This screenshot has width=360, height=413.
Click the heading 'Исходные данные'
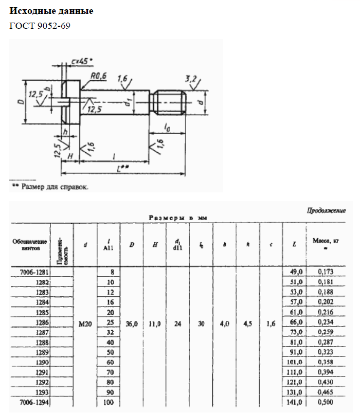[x=51, y=11]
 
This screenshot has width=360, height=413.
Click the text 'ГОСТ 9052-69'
[x=40, y=26]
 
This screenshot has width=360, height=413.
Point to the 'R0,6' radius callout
[x=98, y=76]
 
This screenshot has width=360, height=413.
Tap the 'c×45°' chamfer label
[x=82, y=61]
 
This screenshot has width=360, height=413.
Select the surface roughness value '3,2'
[x=191, y=78]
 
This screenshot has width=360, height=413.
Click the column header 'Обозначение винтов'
[x=30, y=244]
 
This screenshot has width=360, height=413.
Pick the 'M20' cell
[x=85, y=324]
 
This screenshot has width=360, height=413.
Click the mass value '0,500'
[x=325, y=402]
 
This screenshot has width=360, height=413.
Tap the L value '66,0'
[x=294, y=323]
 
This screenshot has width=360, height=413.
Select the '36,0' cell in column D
[x=132, y=324]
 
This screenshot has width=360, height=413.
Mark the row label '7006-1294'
[x=32, y=402]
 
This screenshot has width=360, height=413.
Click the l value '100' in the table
[x=109, y=402]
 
